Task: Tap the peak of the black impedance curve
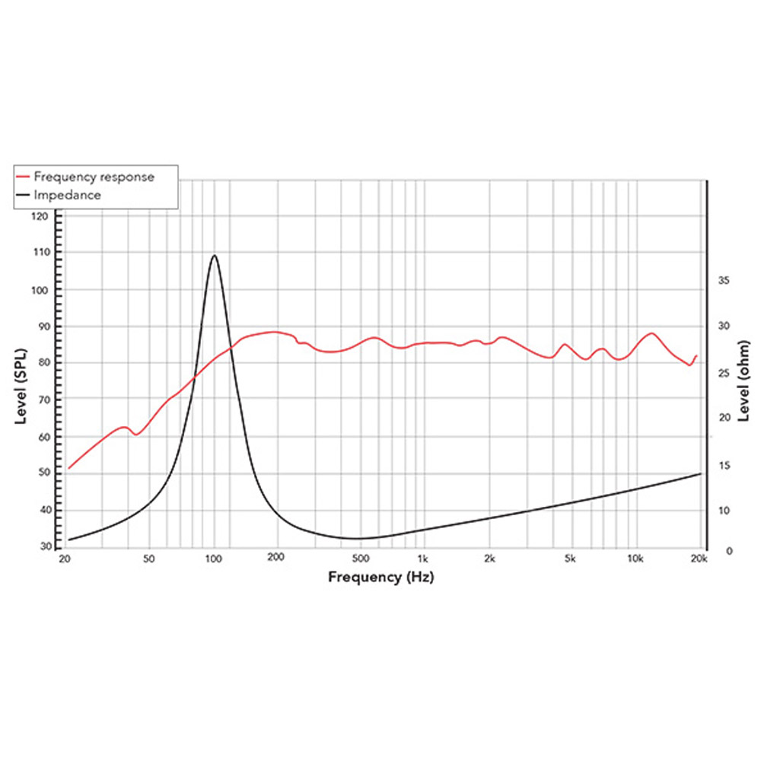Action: point(215,256)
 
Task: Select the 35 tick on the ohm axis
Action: point(724,281)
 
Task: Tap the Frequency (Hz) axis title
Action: point(380,577)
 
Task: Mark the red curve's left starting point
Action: point(69,468)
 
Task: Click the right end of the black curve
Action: point(700,473)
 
